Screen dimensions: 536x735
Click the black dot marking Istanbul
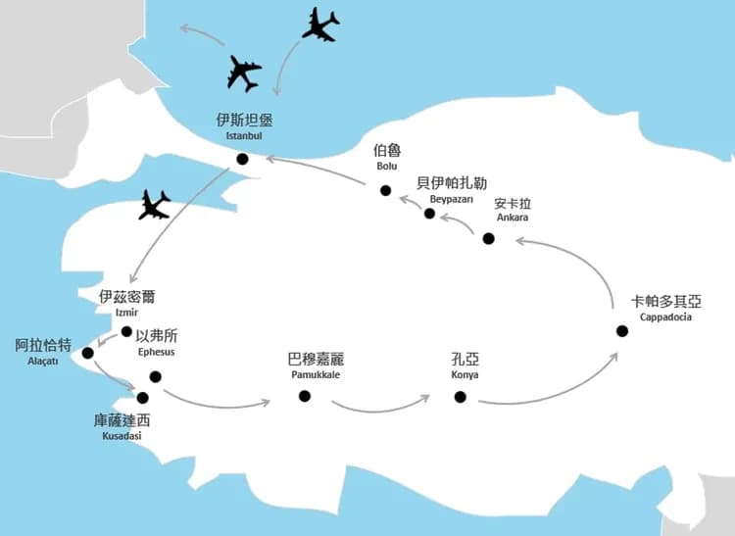click(242, 159)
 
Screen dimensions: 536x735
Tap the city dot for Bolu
click(386, 191)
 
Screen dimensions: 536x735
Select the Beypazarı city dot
click(429, 213)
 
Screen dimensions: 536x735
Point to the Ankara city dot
click(489, 238)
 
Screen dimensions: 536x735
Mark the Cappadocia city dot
click(621, 330)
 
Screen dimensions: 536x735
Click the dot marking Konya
click(460, 396)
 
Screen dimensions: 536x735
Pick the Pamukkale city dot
click(304, 396)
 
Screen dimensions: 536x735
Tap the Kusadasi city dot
click(143, 398)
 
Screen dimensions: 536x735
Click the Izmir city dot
click(126, 331)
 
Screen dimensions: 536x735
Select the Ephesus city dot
click(155, 376)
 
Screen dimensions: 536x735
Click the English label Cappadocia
click(665, 317)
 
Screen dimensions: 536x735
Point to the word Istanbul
click(244, 136)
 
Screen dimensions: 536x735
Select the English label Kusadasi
click(122, 435)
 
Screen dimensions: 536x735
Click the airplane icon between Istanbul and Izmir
click(155, 205)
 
